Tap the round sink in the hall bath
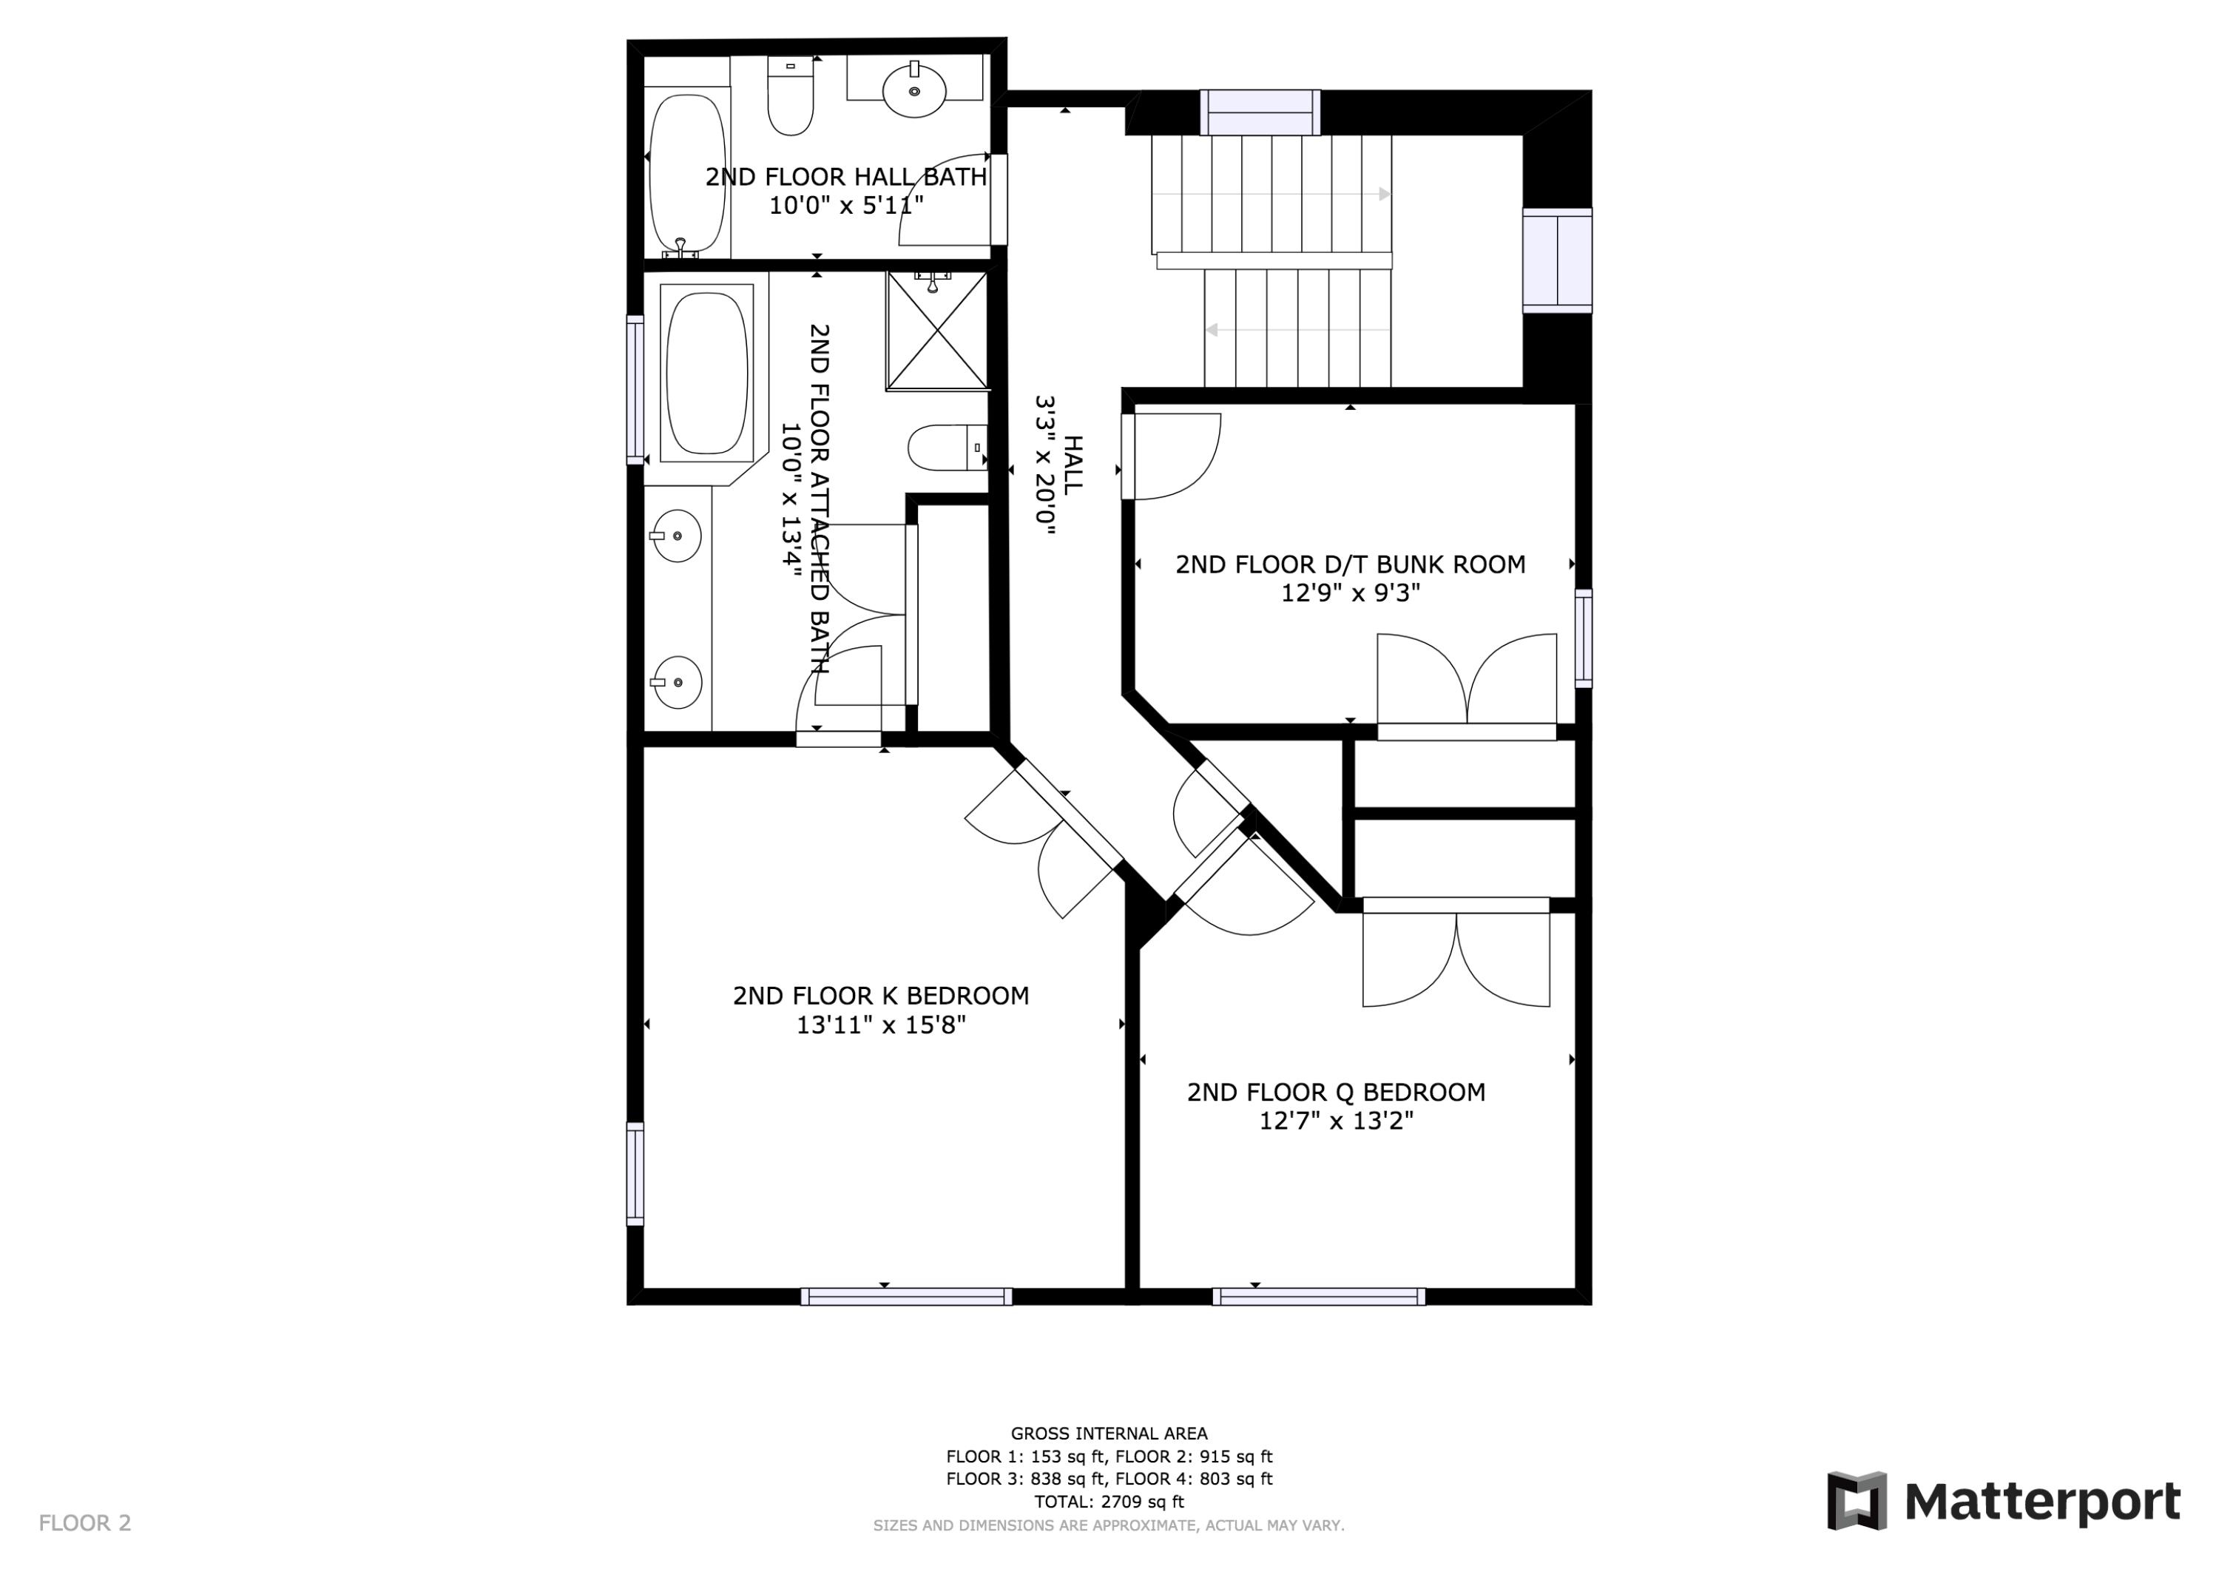pos(913,90)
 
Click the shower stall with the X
pos(936,331)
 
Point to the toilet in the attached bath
pos(945,448)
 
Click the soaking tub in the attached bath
pos(707,374)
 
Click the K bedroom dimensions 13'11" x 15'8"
pos(880,1025)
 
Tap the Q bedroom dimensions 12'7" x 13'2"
pos(1336,1121)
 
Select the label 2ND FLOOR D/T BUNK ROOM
pos(1349,564)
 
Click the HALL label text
pos(1073,465)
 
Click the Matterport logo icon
pos(1856,1502)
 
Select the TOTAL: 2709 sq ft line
pos(1109,1502)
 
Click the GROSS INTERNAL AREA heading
pos(1109,1434)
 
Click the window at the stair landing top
pos(1260,112)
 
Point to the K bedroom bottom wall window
pos(905,1296)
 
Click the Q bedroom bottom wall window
pos(1318,1296)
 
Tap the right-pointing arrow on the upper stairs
pos(1384,195)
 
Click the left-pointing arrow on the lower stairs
pos(1211,331)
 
